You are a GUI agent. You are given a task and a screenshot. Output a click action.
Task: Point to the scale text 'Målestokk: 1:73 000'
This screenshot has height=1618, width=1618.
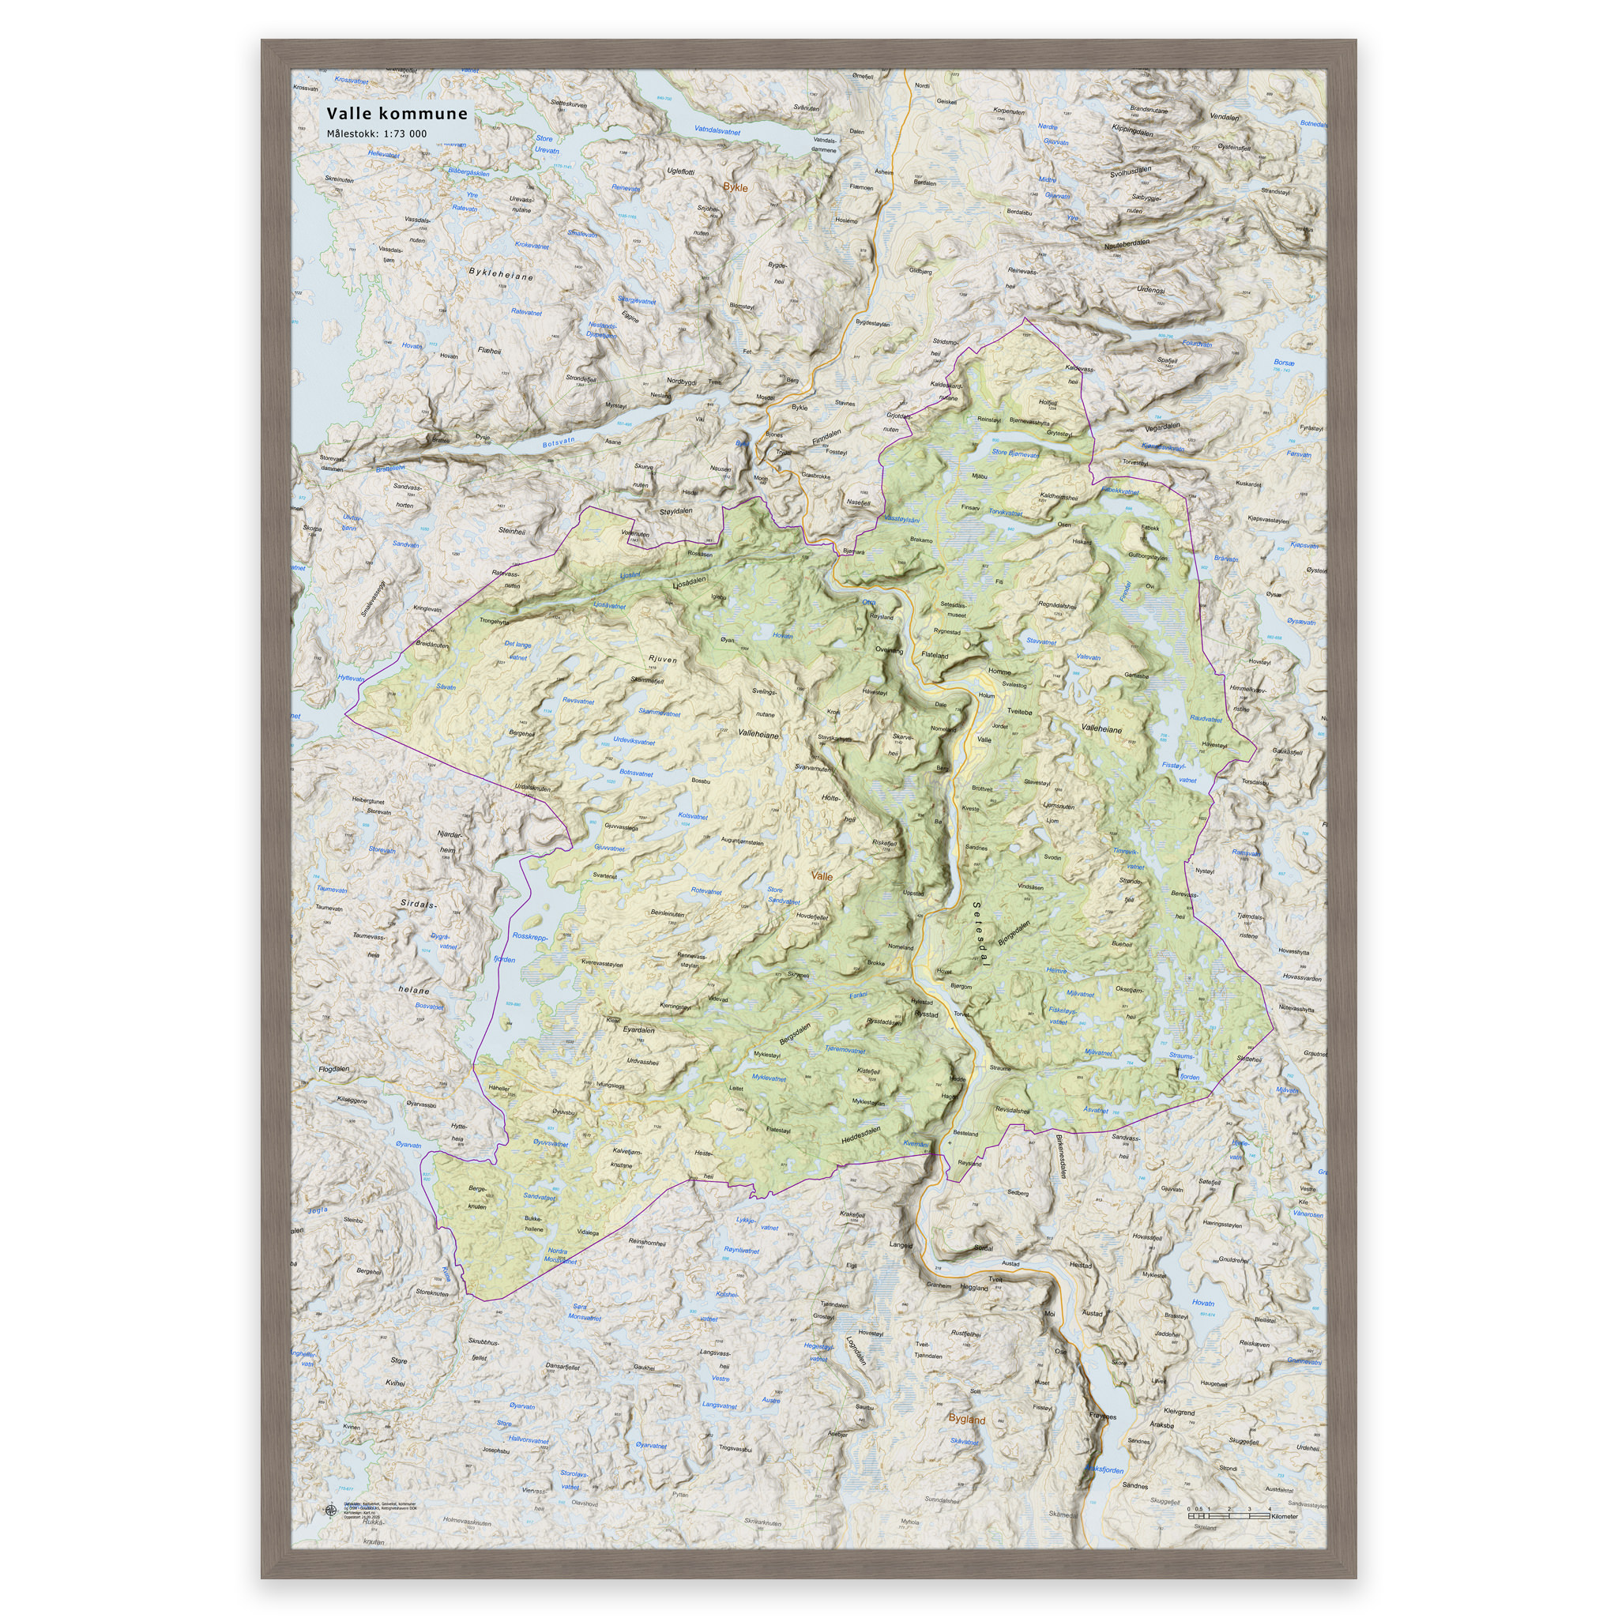(x=377, y=134)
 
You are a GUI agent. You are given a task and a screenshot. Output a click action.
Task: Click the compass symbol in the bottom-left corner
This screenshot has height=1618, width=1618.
(x=330, y=1511)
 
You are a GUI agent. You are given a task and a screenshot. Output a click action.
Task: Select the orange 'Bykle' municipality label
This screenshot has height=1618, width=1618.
(x=736, y=187)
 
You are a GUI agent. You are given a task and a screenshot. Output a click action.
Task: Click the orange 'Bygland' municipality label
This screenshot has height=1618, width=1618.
(x=966, y=1420)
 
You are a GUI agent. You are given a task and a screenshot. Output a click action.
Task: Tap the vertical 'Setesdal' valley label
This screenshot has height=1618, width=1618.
(x=981, y=935)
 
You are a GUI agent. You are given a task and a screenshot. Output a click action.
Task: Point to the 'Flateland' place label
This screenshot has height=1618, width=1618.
(x=934, y=655)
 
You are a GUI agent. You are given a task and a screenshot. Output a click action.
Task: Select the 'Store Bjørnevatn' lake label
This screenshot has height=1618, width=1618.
(x=1014, y=454)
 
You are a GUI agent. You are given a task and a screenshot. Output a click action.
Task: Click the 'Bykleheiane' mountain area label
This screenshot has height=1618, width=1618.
(x=501, y=274)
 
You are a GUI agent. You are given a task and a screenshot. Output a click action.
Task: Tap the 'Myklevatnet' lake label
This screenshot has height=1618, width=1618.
(x=769, y=1078)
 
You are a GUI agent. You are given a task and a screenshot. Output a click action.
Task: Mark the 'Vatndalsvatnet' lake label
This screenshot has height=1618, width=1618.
(x=717, y=130)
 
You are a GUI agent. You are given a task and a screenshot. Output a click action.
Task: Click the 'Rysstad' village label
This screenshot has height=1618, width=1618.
(x=926, y=1014)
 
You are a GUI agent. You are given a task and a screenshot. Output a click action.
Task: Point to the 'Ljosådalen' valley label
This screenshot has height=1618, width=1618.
(x=690, y=582)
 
